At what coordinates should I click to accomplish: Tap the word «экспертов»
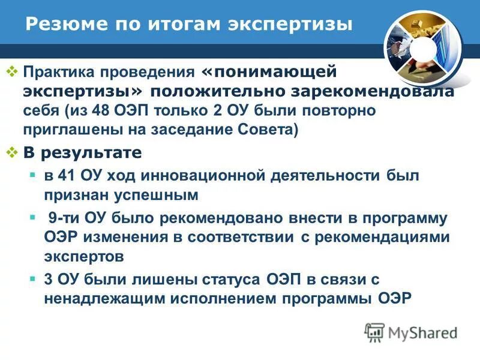coord(83,257)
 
